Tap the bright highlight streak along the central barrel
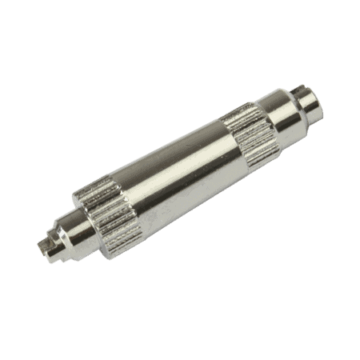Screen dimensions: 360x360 coord(172,160)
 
